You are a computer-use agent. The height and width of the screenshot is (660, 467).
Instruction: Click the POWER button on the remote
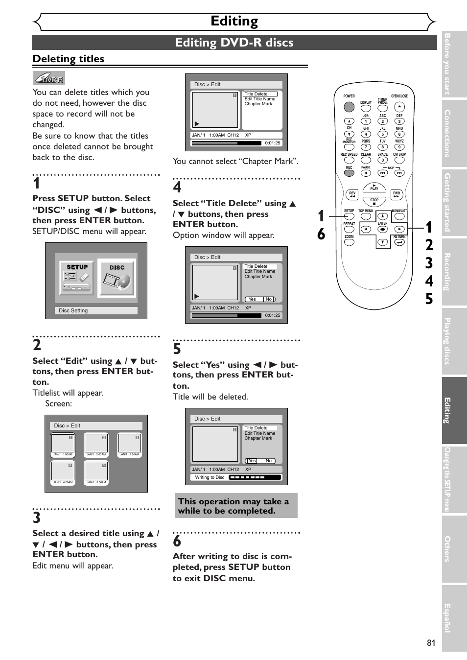click(x=349, y=107)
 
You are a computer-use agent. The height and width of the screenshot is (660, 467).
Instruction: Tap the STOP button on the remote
click(x=374, y=201)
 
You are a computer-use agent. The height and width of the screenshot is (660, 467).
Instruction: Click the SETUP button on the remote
click(x=349, y=216)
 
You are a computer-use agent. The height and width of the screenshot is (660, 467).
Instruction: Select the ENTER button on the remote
click(x=383, y=229)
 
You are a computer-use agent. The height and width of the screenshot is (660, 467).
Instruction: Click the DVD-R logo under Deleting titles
click(x=49, y=78)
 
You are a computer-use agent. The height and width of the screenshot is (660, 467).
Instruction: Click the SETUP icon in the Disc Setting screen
click(x=77, y=278)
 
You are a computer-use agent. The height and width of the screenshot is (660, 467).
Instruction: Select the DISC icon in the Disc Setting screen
click(x=117, y=278)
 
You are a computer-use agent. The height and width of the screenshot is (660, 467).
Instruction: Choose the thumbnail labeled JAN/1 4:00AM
click(x=63, y=472)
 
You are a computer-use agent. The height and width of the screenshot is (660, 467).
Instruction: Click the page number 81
click(x=431, y=643)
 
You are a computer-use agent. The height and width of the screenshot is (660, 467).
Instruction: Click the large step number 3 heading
click(x=37, y=518)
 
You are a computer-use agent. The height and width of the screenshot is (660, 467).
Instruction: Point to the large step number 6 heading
click(x=177, y=541)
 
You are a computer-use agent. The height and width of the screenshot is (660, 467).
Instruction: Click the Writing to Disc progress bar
click(x=255, y=477)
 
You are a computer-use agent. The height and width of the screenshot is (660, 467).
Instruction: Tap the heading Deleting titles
click(x=69, y=59)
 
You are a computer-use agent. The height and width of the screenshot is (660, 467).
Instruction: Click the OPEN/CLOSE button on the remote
click(x=399, y=107)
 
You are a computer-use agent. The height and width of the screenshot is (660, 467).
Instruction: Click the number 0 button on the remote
click(x=383, y=160)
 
